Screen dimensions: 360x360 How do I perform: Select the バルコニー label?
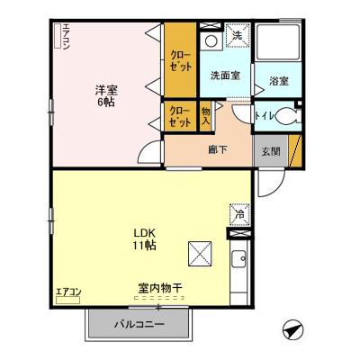pyautogui.click(x=139, y=324)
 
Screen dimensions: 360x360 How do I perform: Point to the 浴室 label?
pyautogui.click(x=278, y=82)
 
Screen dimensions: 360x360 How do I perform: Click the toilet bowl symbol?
pyautogui.click(x=284, y=115)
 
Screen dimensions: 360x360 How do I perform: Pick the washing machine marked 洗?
pyautogui.click(x=236, y=37)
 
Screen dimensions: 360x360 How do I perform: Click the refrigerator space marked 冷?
pyautogui.click(x=239, y=215)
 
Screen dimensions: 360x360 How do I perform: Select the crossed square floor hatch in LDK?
pyautogui.click(x=199, y=253)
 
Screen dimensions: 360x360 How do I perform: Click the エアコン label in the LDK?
pyautogui.click(x=68, y=292)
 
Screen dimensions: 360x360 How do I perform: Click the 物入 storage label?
pyautogui.click(x=205, y=115)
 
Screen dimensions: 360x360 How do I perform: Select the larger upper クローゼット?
pyautogui.click(x=180, y=61)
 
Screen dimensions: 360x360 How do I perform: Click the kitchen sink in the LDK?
pyautogui.click(x=239, y=263)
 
